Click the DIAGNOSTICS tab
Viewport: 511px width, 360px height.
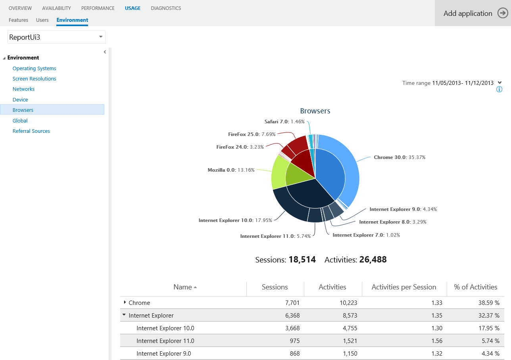tap(166, 8)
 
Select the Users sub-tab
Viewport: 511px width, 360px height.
tap(42, 20)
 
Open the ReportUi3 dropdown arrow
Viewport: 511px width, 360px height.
tap(101, 37)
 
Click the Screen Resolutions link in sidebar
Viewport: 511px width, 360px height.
tap(34, 79)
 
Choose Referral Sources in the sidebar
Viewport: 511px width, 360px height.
tap(31, 131)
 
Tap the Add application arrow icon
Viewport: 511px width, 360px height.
tap(503, 13)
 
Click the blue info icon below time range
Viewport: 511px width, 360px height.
tap(499, 89)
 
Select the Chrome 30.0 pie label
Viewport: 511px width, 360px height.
tap(399, 157)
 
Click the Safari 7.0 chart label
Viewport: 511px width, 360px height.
tap(284, 122)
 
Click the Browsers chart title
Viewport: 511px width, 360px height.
tap(315, 111)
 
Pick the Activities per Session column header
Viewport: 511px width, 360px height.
tap(403, 287)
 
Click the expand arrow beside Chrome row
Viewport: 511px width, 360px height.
tap(125, 303)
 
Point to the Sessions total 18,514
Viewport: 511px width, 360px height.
tap(302, 260)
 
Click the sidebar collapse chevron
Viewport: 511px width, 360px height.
tap(105, 52)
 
